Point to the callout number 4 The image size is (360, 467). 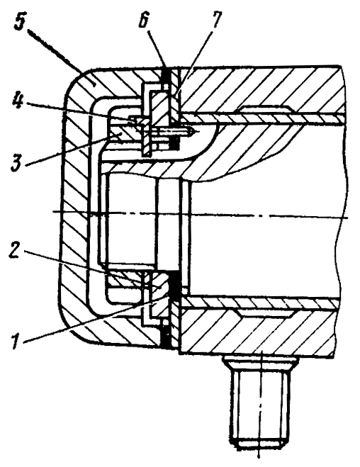(18, 101)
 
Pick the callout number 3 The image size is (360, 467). (17, 162)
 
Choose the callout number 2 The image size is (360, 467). (15, 249)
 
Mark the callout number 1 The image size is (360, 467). (15, 340)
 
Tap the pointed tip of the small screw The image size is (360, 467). (194, 130)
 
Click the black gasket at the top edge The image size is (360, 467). (166, 77)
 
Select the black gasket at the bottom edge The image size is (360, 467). (164, 336)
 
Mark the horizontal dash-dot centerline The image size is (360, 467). (200, 215)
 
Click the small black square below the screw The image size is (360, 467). (174, 145)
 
